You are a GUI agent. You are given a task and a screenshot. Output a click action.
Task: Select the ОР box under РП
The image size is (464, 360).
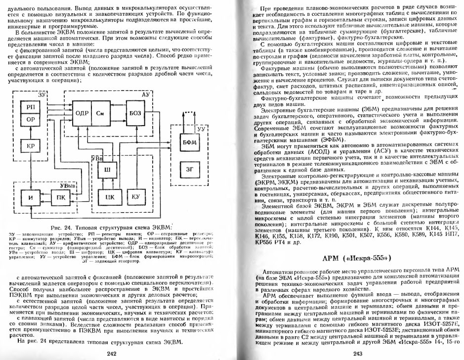click(30, 120)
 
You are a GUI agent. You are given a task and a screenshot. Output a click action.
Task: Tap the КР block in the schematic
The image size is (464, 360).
click(30, 147)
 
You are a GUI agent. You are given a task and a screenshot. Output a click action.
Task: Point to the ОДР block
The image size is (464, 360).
click(82, 113)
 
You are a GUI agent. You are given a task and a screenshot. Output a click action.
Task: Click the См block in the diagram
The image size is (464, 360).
click(103, 113)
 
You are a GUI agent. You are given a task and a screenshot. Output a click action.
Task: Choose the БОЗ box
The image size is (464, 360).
click(135, 113)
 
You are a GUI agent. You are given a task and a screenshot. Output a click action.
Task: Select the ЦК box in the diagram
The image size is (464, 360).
click(111, 197)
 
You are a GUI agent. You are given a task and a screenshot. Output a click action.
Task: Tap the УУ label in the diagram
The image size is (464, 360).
click(200, 129)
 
